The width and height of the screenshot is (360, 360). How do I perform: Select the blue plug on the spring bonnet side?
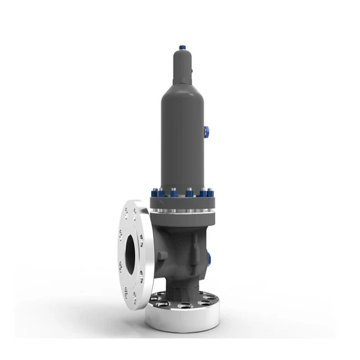click(208, 132)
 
